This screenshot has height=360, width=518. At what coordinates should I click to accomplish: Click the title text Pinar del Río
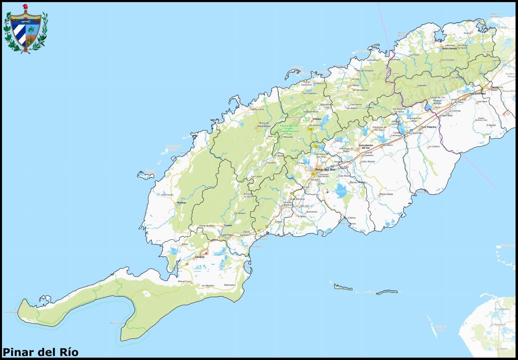point(40,351)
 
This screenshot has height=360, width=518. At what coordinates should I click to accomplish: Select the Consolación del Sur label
point(369,146)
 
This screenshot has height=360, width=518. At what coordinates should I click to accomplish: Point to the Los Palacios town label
point(428,127)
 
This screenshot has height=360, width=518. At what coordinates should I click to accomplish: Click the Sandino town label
point(199,257)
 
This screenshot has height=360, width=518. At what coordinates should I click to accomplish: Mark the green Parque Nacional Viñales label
point(290,128)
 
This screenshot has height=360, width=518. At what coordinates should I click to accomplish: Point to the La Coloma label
point(351,218)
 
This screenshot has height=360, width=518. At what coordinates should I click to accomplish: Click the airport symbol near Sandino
point(206,252)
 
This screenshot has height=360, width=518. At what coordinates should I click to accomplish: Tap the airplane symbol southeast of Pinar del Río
point(328,192)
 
